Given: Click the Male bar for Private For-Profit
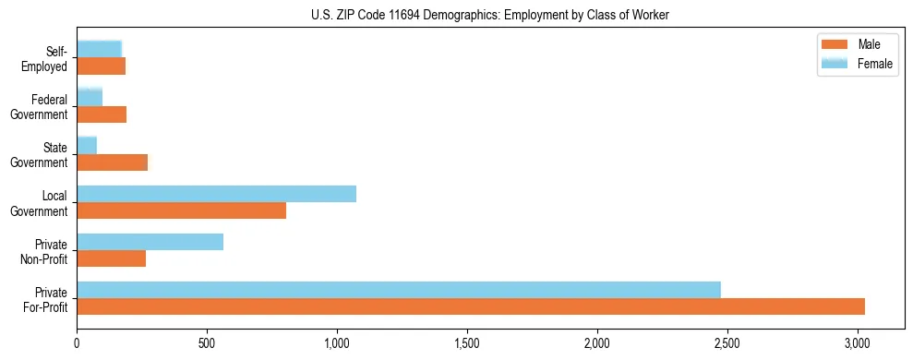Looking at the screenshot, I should (471, 306).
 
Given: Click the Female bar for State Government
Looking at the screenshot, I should (87, 146).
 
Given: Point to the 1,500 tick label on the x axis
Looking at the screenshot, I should (467, 343).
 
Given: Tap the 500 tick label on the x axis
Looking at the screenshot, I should (207, 343).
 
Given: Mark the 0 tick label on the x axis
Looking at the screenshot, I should (77, 343).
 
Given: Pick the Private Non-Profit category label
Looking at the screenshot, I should (43, 251).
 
